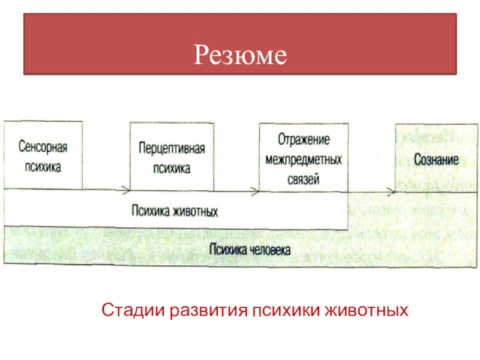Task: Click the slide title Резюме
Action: pos(240,56)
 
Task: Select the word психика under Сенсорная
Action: pos(43,167)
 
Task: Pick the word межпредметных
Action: pos(304,160)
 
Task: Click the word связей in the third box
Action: pos(304,179)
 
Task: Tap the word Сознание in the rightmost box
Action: pos(437,161)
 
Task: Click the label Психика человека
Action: pos(250,249)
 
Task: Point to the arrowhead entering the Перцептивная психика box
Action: pos(126,191)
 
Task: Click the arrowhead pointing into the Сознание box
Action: pos(391,191)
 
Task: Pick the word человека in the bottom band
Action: pos(269,250)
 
